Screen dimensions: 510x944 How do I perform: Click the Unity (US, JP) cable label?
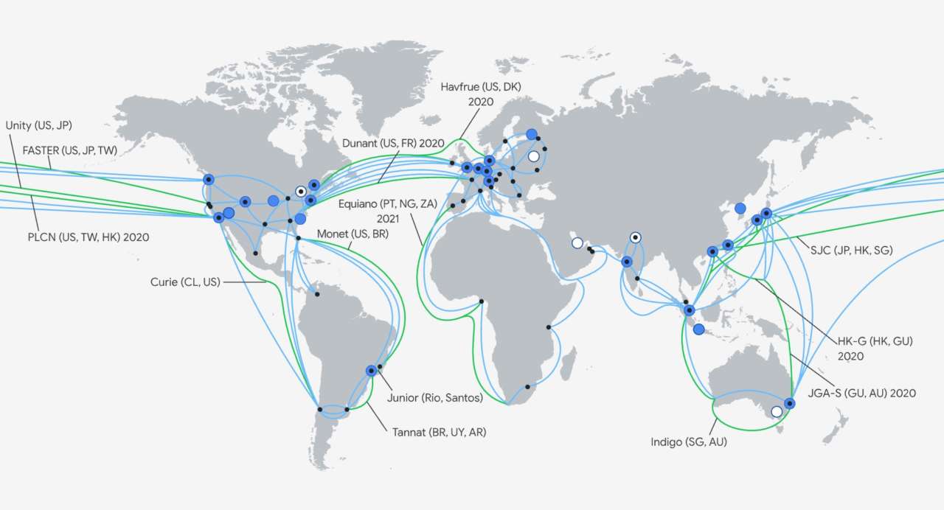click(x=38, y=125)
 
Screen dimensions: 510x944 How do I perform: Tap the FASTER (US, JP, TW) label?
click(x=70, y=150)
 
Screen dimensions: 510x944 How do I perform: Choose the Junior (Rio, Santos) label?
click(x=434, y=398)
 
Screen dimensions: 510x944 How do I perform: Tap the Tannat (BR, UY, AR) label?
click(x=439, y=431)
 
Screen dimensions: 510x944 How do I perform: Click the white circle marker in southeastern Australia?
click(x=776, y=412)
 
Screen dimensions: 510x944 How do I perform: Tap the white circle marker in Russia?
click(x=533, y=156)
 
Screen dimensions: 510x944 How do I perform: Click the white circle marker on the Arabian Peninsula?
click(x=577, y=242)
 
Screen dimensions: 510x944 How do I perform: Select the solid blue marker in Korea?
click(x=740, y=209)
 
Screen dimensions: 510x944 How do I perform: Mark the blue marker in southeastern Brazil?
click(x=371, y=371)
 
